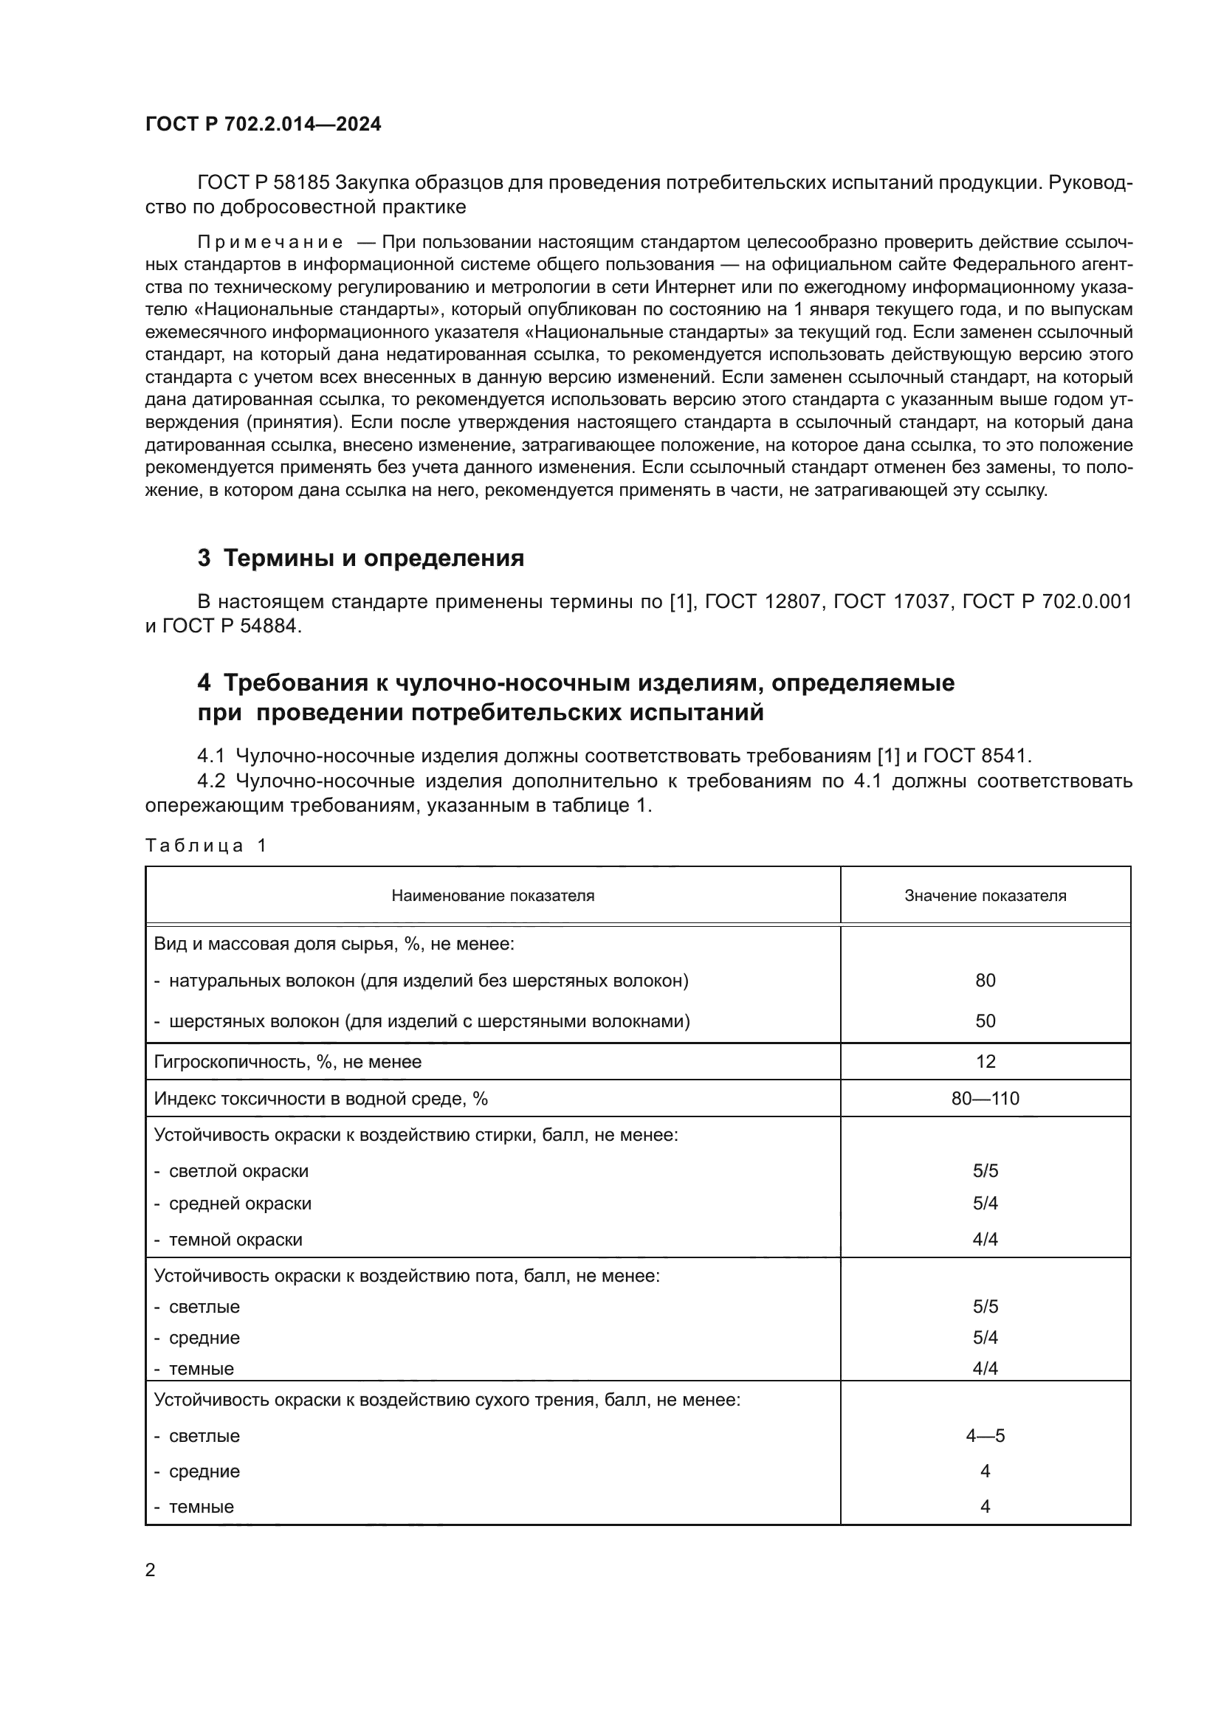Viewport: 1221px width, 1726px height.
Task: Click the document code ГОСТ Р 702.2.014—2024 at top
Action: (x=263, y=124)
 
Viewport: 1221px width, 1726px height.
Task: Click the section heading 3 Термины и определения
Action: (x=361, y=559)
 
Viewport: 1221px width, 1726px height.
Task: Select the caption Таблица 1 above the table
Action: (x=206, y=846)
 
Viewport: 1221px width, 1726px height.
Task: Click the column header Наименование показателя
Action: (x=492, y=895)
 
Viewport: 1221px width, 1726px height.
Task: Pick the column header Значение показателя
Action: (x=985, y=895)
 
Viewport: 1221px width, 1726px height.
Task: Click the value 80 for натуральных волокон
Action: (x=985, y=980)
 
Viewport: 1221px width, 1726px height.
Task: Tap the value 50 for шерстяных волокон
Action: (x=985, y=1021)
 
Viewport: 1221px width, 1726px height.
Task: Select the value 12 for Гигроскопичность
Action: (x=985, y=1061)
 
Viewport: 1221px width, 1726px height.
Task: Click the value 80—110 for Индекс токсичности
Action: (x=985, y=1098)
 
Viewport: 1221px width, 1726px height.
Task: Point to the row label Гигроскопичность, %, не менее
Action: (x=288, y=1061)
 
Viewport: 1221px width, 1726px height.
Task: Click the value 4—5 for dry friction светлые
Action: (x=985, y=1436)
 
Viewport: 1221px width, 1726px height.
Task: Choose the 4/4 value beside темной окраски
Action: (x=985, y=1240)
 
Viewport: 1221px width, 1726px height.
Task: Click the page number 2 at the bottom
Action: (x=151, y=1570)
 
